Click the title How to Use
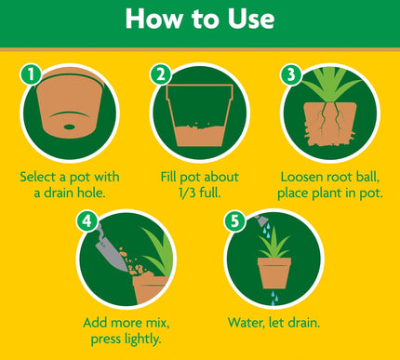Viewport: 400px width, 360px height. coord(200,20)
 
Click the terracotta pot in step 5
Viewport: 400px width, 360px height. coord(277,274)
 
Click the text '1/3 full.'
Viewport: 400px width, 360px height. coord(198,193)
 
